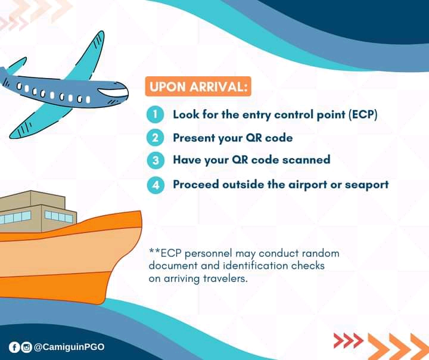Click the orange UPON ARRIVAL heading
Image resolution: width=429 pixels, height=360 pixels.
197,87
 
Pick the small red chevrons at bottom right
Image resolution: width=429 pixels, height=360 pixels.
348,340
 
